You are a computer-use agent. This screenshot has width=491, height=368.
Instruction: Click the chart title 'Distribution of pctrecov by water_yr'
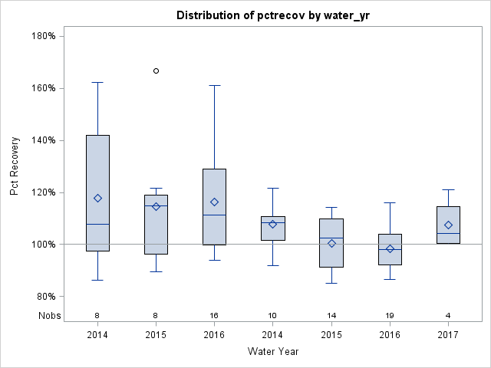pos(273,15)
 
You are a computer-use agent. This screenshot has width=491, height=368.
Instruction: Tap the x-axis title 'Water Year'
pos(273,351)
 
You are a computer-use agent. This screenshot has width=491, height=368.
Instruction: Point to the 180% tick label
pos(42,36)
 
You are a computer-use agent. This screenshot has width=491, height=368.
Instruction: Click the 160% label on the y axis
pos(42,88)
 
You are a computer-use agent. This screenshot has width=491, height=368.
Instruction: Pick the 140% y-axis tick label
pos(42,140)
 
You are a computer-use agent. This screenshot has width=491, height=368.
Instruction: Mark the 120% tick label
pos(42,192)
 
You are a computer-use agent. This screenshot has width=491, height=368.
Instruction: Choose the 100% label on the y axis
pos(42,245)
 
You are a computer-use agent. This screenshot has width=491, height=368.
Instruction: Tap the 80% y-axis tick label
pos(44,297)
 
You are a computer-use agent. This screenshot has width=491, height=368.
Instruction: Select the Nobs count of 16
pos(215,315)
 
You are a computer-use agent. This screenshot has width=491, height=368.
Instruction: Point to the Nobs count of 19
pos(390,315)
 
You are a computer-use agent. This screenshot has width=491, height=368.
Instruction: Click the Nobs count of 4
pos(448,315)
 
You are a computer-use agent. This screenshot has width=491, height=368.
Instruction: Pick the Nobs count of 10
pos(273,315)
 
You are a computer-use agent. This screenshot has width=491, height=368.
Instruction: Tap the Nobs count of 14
pos(331,315)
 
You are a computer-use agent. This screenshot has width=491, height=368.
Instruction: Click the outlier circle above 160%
pos(157,71)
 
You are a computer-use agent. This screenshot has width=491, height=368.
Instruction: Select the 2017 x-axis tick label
pos(448,335)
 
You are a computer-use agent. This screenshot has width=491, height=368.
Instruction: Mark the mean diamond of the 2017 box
pos(448,225)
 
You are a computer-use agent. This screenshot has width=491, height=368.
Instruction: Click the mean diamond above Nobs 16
pos(215,202)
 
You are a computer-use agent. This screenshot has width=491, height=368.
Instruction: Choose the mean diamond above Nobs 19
pos(390,248)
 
